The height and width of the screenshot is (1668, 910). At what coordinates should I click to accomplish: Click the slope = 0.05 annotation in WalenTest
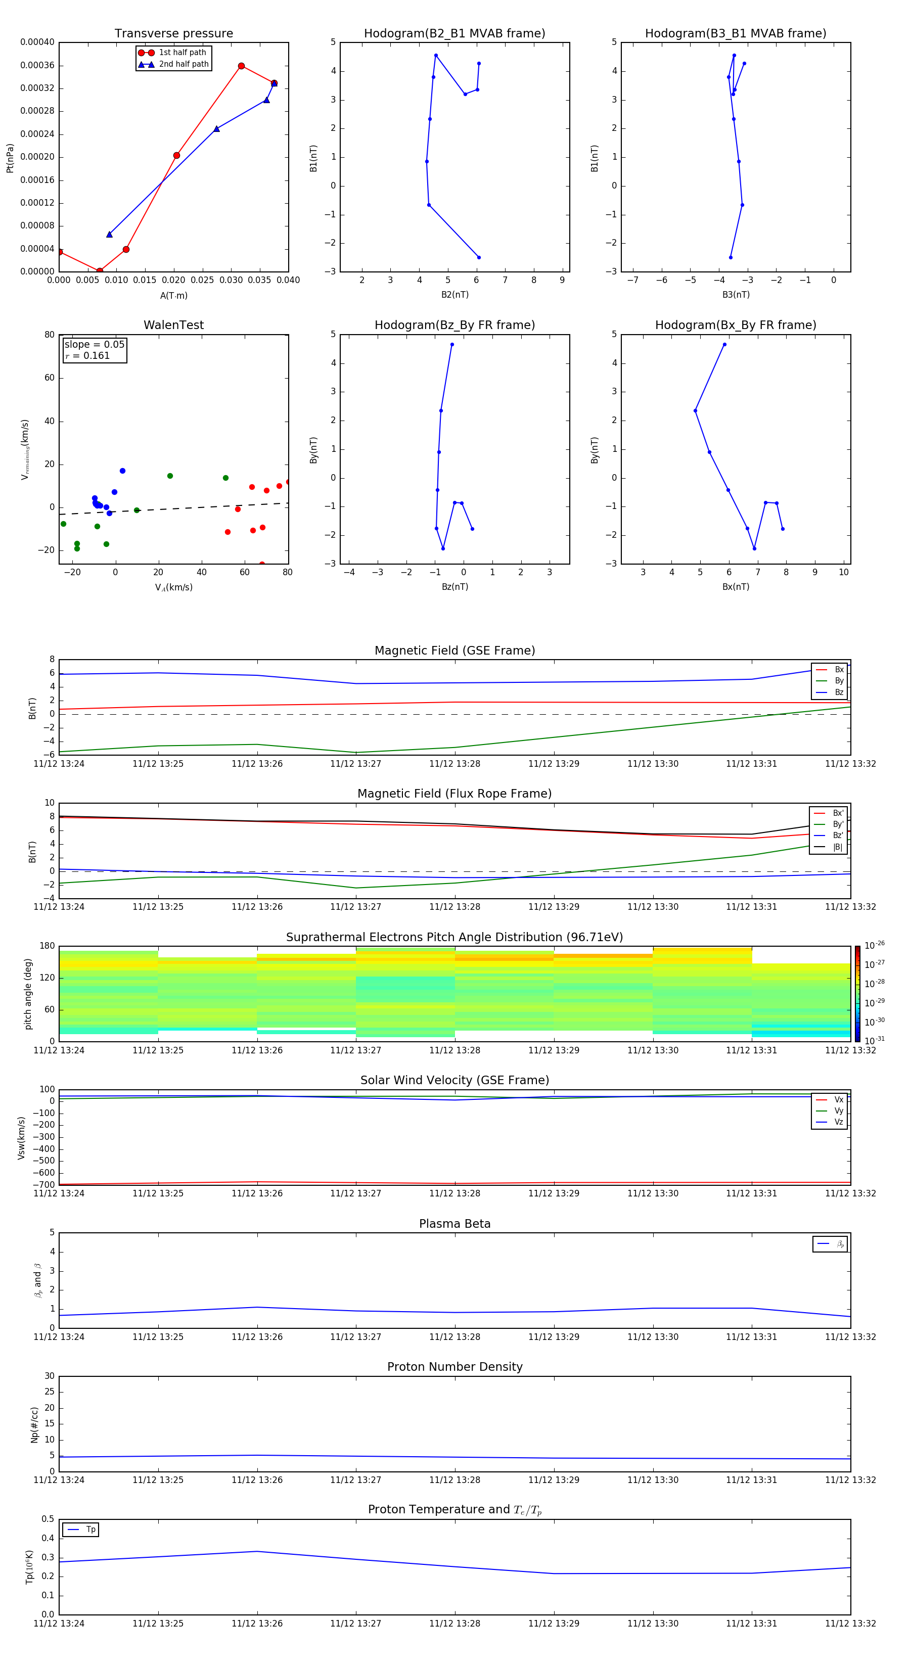tap(94, 345)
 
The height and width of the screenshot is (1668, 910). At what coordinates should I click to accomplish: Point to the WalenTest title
tap(173, 325)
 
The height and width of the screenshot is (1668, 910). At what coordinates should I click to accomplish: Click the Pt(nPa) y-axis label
tap(10, 158)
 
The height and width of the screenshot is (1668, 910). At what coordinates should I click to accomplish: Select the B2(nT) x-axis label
tap(454, 295)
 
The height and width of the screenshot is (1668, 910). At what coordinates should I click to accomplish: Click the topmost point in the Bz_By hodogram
tap(452, 345)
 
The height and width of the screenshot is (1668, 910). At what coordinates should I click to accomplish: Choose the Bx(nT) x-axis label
tap(735, 587)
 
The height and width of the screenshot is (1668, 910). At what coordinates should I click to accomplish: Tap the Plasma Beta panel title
tap(454, 1224)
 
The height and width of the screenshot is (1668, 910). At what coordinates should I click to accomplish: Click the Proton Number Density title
tap(454, 1367)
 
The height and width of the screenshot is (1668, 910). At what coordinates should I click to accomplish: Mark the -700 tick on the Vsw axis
tap(43, 1185)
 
